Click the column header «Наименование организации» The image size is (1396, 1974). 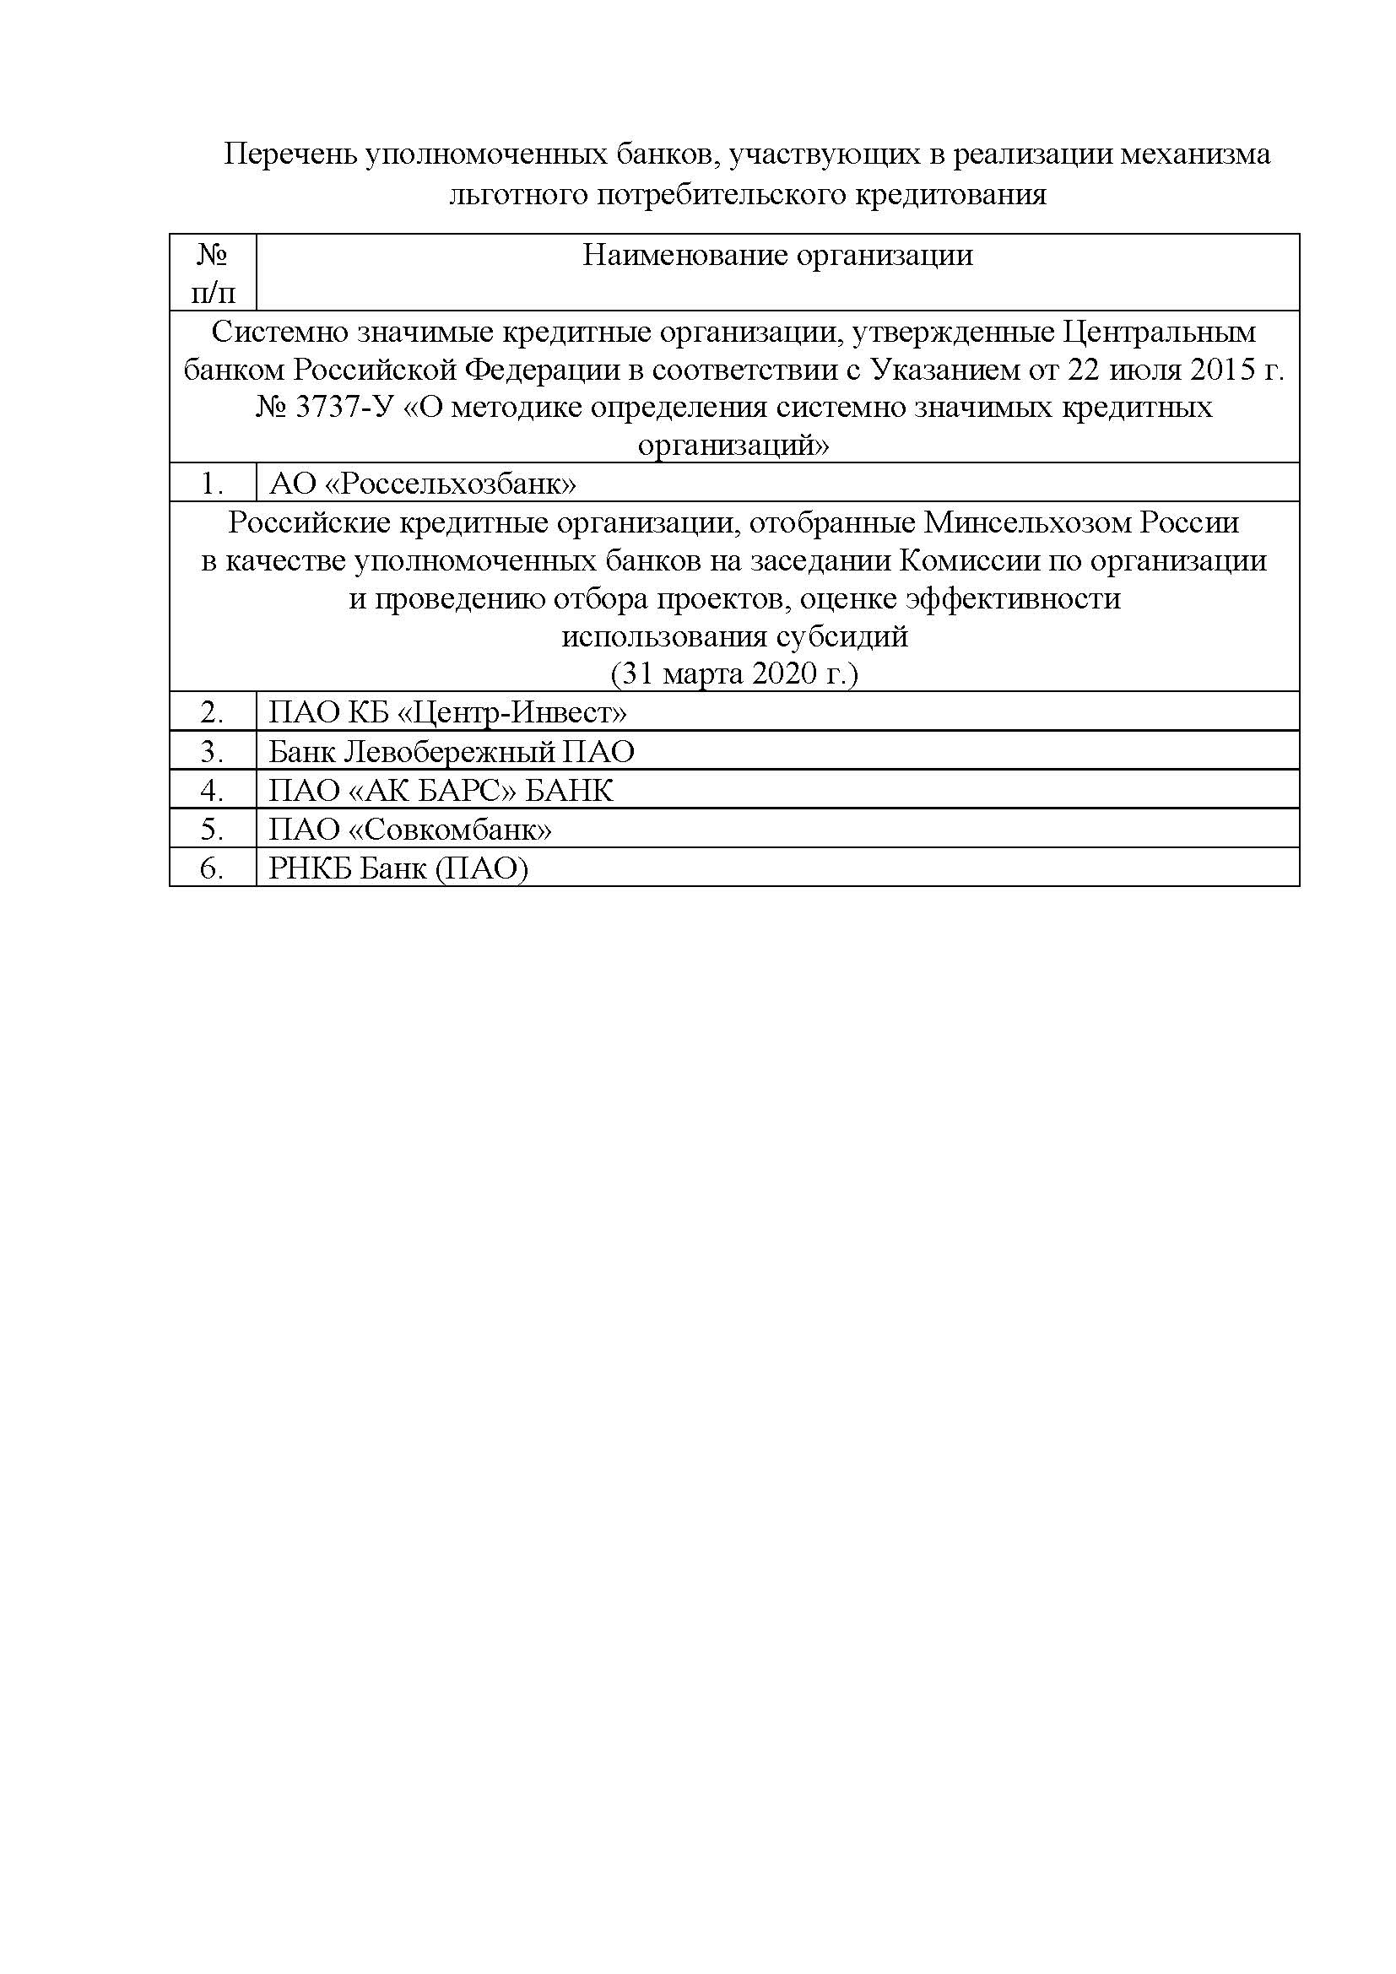(777, 256)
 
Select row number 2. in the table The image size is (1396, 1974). (213, 713)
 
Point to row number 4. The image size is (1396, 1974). (213, 790)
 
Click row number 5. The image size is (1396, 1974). (213, 830)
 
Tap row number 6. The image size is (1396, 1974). (213, 868)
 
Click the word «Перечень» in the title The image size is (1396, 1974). (289, 154)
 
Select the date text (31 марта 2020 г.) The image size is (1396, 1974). (734, 673)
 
